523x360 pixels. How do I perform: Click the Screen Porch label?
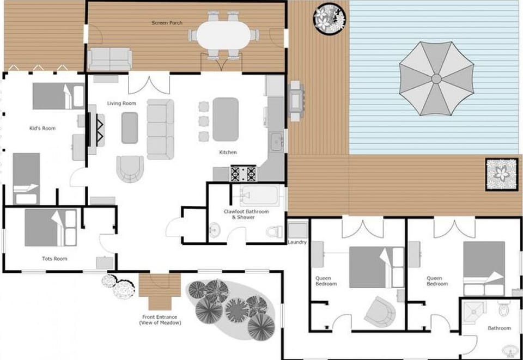[167, 23]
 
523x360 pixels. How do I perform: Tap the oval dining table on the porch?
[223, 35]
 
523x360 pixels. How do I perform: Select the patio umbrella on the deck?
[436, 79]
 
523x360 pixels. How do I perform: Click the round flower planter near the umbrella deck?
[329, 17]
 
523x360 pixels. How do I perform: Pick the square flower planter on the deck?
[501, 174]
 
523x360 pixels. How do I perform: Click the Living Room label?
[121, 103]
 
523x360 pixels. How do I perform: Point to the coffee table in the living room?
[130, 127]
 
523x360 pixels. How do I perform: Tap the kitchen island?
[225, 119]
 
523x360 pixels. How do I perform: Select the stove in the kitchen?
[243, 174]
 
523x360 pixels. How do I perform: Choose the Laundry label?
[297, 242]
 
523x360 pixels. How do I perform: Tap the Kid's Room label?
[42, 129]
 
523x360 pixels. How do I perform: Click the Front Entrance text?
[159, 318]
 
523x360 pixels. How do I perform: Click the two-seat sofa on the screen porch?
[110, 58]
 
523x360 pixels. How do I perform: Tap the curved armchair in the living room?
[130, 168]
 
